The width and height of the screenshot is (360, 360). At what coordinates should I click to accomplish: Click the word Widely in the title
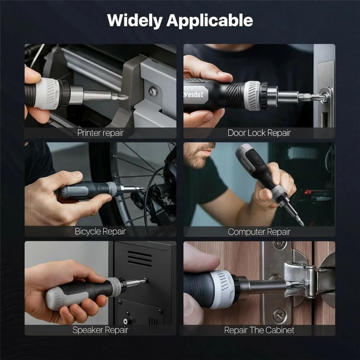coord(135,21)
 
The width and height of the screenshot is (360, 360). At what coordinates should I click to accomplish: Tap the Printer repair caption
coord(100,133)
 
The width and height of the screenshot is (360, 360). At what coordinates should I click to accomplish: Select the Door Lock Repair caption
coord(259,133)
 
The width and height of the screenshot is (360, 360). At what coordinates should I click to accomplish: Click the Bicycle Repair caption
coord(100,232)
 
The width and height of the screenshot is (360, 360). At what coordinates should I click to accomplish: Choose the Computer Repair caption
coord(259,232)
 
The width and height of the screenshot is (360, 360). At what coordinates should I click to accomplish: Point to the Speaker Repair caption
coord(100,330)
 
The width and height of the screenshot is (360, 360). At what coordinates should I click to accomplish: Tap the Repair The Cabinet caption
coord(259,330)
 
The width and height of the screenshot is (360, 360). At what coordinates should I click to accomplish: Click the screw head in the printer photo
coord(153,91)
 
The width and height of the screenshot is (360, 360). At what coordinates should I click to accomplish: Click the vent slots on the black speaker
coord(139,258)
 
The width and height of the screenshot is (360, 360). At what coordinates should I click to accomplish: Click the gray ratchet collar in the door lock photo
coord(253,96)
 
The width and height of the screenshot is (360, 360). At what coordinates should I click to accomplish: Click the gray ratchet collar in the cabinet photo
coord(224,288)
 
